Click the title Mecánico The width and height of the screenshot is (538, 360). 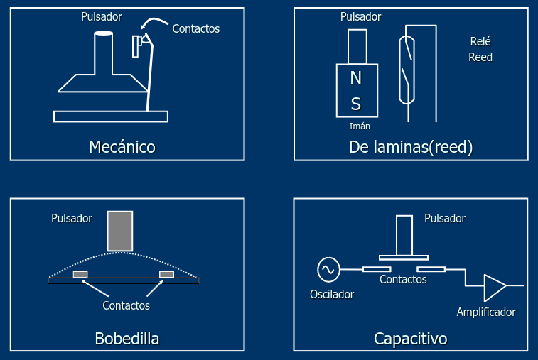tap(122, 147)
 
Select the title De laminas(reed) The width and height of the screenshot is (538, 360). tap(411, 147)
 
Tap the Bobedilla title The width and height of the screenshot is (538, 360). tap(127, 339)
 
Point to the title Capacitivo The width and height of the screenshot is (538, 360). tap(410, 339)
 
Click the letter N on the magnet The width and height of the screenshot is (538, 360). tap(356, 77)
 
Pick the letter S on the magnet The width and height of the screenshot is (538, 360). tap(356, 104)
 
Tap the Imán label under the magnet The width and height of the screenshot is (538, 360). tap(360, 126)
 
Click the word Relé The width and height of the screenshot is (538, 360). tap(480, 41)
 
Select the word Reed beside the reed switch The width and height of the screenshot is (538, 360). tap(480, 57)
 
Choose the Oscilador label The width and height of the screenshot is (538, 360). tap(332, 294)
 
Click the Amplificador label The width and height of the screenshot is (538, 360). tap(486, 312)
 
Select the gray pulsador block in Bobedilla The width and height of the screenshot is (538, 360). tap(120, 231)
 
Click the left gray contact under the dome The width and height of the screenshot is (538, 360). tap(80, 274)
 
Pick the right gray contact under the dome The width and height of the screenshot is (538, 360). tap(167, 274)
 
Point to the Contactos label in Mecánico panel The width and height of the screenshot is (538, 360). tap(196, 29)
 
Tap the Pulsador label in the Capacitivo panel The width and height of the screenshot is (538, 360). tap(445, 219)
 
